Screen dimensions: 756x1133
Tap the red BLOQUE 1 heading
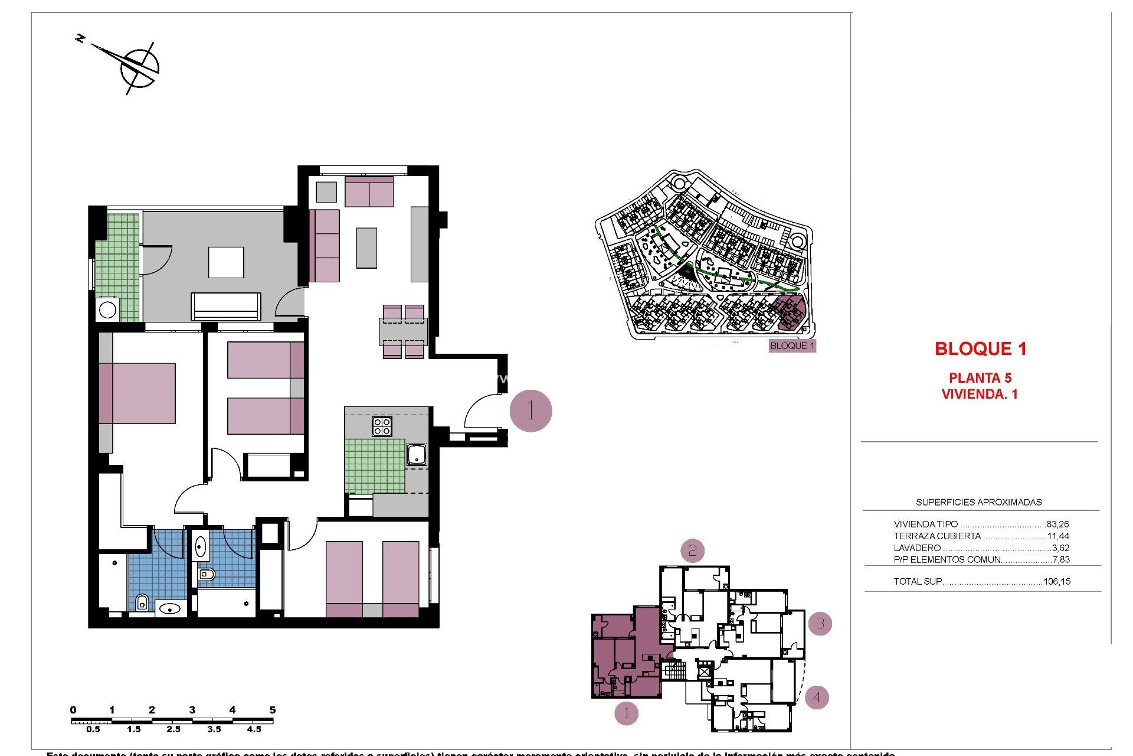[980, 349]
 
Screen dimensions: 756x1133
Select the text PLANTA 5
[980, 378]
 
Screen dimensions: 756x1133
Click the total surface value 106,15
[1056, 582]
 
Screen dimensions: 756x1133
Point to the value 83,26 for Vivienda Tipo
[1057, 524]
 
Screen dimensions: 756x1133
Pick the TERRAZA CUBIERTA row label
[937, 536]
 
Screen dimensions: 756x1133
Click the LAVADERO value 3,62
[1060, 548]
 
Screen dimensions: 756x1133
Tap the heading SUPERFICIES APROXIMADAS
[978, 503]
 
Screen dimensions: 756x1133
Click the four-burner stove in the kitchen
[382, 426]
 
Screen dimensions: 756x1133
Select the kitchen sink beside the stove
[417, 454]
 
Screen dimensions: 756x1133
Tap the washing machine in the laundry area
[108, 309]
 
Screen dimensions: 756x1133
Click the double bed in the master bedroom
[137, 393]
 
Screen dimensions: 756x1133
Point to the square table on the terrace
[226, 262]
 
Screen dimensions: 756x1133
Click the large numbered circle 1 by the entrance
[531, 411]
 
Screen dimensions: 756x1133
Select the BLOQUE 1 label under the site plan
[792, 346]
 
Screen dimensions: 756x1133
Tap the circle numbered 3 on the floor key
[820, 623]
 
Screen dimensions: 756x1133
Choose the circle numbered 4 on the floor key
[817, 697]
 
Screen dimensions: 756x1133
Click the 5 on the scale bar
[272, 710]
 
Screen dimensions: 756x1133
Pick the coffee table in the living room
[366, 248]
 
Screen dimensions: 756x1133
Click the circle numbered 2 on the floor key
[692, 551]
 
